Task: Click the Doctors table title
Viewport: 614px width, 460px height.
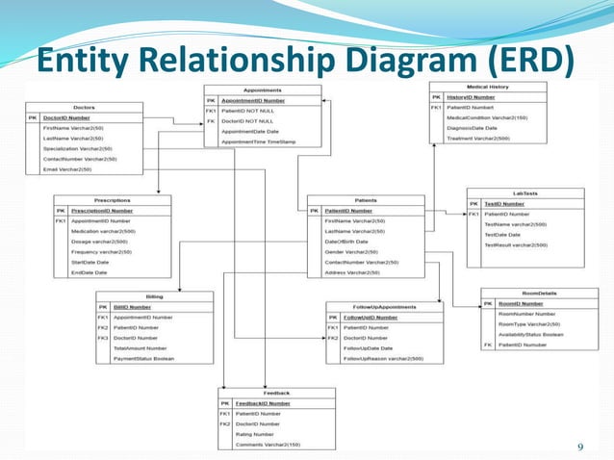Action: click(84, 107)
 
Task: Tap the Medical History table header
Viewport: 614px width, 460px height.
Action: click(488, 87)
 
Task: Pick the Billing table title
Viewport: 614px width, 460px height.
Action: click(153, 296)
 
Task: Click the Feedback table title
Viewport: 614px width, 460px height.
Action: click(277, 394)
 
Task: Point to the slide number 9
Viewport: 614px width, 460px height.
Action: click(580, 446)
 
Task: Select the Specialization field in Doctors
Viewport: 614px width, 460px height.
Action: click(78, 148)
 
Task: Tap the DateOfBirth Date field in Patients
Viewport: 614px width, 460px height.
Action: click(346, 241)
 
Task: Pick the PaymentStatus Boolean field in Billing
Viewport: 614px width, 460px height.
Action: click(144, 358)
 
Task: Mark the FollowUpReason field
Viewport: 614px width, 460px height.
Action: click(383, 358)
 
